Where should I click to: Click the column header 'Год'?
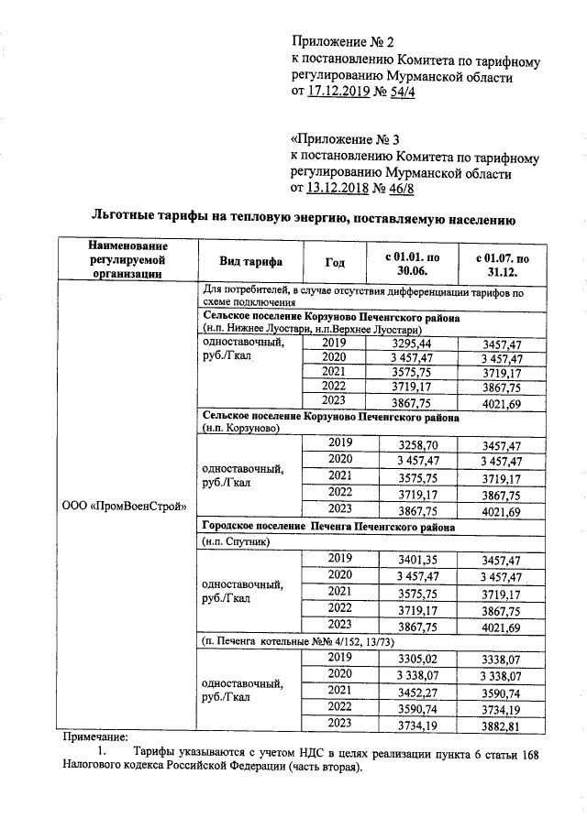click(x=336, y=262)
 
